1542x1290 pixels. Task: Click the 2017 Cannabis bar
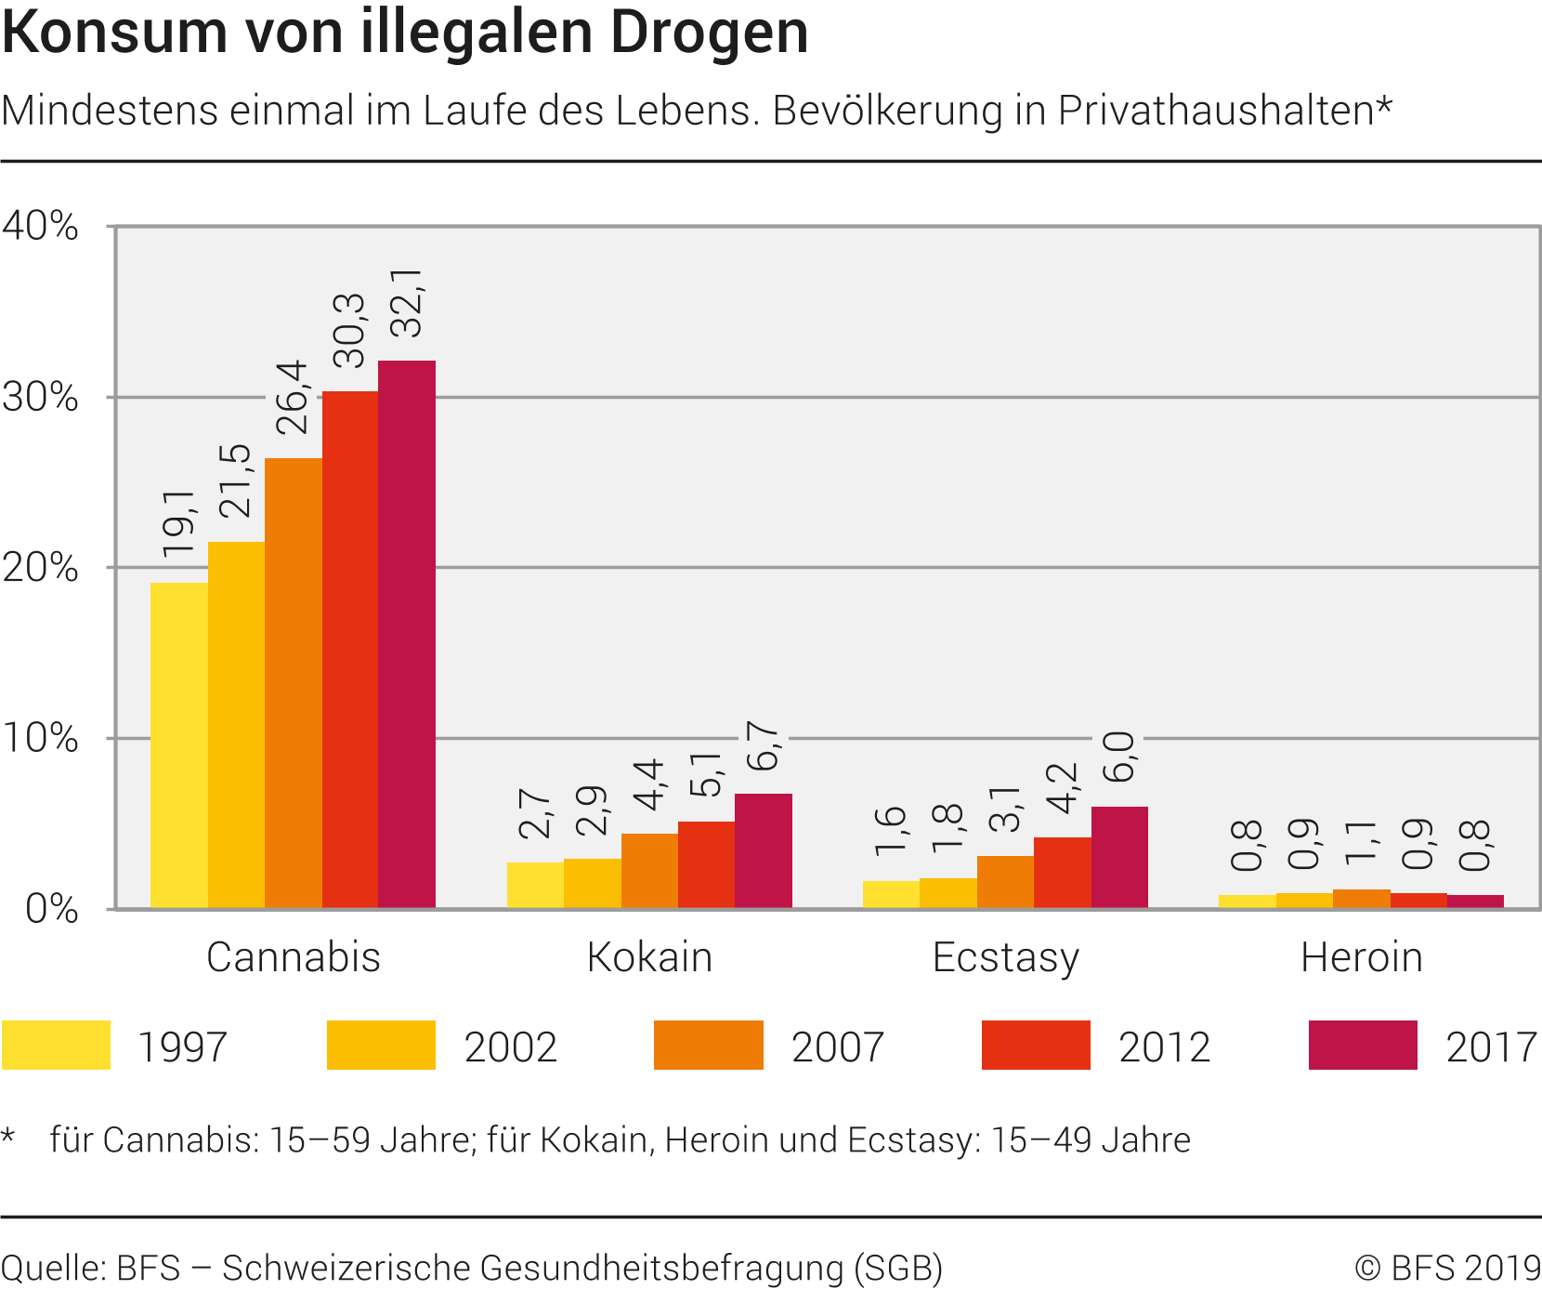click(407, 634)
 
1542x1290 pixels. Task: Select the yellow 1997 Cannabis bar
click(179, 745)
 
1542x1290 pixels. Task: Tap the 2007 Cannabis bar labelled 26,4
click(294, 683)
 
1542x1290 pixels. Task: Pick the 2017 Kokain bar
click(764, 850)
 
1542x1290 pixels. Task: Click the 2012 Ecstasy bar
click(1063, 873)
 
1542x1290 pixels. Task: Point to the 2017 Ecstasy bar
click(1119, 857)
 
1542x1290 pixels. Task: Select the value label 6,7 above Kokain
click(764, 745)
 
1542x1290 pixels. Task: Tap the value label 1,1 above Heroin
click(1362, 842)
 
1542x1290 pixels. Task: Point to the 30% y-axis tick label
click(40, 398)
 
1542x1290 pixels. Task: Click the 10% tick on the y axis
click(40, 739)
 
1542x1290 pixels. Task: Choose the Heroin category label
click(1361, 957)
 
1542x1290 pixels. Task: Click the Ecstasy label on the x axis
click(1005, 957)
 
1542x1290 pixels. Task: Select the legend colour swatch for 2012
click(1036, 1046)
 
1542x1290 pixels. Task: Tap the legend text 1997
click(182, 1047)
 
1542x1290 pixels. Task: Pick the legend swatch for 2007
click(708, 1046)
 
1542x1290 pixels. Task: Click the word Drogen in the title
click(709, 33)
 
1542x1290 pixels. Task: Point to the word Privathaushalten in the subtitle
click(1215, 111)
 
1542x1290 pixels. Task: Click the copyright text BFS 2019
click(1466, 1268)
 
